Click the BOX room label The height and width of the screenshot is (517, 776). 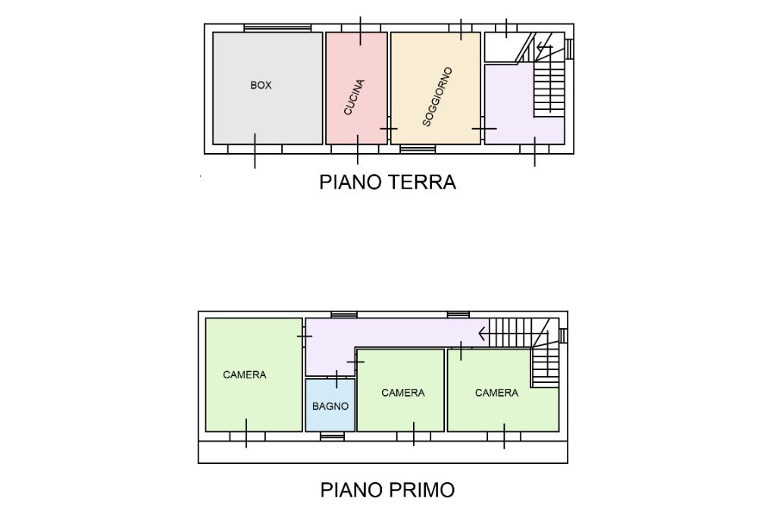tap(261, 85)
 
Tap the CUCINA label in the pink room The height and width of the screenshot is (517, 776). tap(355, 97)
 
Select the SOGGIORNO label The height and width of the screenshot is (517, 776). tap(438, 97)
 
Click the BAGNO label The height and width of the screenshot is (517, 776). tap(330, 406)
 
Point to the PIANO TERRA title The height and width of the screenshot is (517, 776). tap(387, 182)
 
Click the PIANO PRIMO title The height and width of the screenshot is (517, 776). tap(387, 490)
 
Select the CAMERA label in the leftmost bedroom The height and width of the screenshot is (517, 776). tap(245, 375)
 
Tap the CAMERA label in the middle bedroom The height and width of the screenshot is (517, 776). tap(403, 393)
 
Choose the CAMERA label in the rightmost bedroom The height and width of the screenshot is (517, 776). tap(496, 393)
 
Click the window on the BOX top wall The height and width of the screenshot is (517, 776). tap(277, 28)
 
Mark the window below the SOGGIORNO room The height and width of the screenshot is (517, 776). tap(418, 149)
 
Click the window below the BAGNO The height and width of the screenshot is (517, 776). tap(332, 437)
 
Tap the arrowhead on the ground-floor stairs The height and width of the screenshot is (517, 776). tap(540, 48)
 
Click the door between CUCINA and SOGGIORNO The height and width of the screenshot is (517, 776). tap(389, 129)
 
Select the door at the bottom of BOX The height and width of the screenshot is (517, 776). tap(255, 150)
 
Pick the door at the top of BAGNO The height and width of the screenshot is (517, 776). tap(336, 379)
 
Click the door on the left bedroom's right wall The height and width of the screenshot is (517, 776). tap(304, 337)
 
